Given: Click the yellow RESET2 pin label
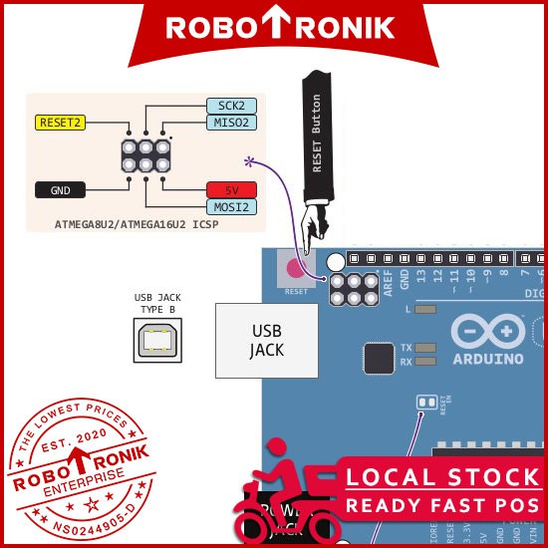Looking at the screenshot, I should click(x=61, y=123).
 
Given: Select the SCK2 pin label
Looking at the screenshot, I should click(x=231, y=106).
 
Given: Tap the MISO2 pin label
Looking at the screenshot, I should click(x=231, y=123).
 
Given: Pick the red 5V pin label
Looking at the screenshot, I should click(x=231, y=190).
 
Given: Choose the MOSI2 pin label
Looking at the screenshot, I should click(x=231, y=207).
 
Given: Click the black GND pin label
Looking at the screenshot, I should click(x=61, y=189).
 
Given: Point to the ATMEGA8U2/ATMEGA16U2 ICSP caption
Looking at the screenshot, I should click(x=137, y=225).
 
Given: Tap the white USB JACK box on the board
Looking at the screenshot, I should click(x=267, y=340).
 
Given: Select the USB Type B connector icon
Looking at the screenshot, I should click(x=157, y=342).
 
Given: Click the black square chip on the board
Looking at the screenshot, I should click(x=379, y=359).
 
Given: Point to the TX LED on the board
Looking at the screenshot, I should click(x=425, y=348).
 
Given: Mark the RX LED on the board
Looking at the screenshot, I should click(x=425, y=362).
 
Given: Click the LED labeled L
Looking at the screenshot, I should click(x=425, y=311).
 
